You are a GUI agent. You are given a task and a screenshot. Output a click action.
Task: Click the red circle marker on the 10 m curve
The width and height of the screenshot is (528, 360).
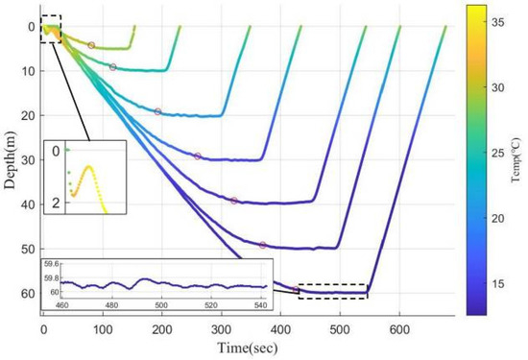(x=113, y=67)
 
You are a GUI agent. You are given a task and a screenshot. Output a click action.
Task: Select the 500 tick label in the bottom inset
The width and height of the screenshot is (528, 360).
(x=161, y=305)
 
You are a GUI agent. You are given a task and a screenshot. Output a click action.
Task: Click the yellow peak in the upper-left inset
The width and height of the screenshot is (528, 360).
(x=88, y=167)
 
